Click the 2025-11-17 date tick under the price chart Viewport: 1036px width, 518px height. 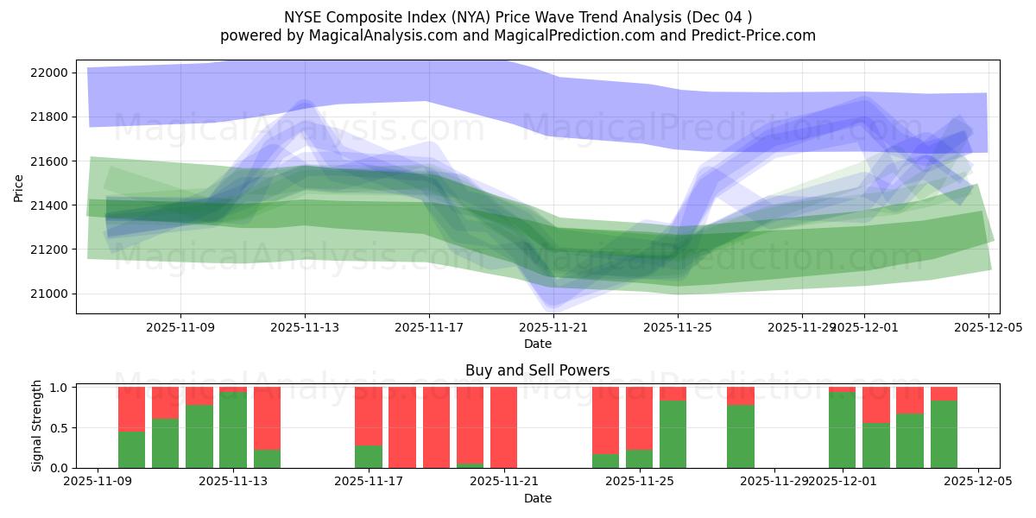click(429, 328)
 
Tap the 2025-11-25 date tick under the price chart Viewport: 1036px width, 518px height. click(678, 328)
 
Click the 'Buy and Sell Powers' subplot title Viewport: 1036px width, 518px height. click(537, 370)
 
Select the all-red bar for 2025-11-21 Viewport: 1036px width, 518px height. click(503, 427)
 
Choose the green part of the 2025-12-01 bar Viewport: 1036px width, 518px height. click(842, 430)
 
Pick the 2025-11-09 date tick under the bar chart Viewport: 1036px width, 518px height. click(98, 481)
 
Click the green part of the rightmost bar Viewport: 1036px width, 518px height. click(944, 434)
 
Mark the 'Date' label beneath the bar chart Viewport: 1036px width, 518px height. click(537, 498)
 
